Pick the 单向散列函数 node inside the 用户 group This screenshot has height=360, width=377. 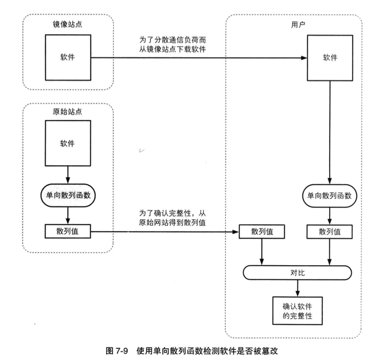point(330,195)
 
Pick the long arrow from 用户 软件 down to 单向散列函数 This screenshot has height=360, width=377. point(330,133)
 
